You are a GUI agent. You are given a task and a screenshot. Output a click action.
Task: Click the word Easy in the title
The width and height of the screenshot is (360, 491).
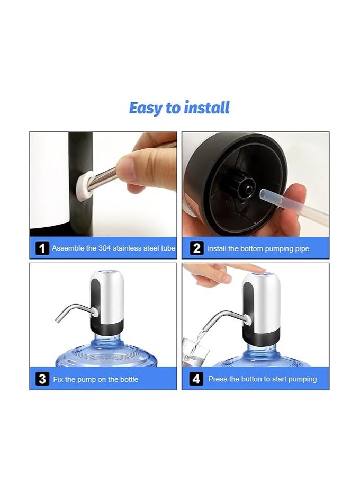click(146, 108)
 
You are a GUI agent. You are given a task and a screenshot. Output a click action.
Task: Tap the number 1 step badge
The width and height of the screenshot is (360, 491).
click(42, 248)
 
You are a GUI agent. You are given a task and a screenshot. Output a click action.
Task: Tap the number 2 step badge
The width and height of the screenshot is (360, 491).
click(196, 248)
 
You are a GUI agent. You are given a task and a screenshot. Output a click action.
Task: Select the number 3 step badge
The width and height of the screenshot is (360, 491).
click(42, 379)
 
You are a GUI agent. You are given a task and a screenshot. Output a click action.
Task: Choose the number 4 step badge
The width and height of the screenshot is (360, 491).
click(196, 379)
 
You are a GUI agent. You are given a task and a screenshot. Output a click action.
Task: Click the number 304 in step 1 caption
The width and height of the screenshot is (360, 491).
click(105, 248)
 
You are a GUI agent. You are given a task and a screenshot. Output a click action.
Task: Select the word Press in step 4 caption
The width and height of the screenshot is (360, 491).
click(218, 379)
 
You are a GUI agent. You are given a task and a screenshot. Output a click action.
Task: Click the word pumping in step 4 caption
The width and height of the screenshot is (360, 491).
click(299, 379)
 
